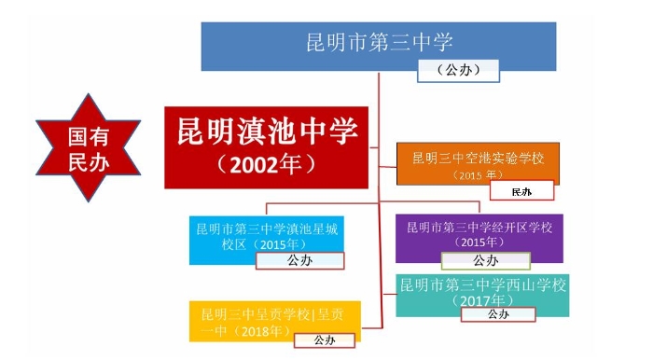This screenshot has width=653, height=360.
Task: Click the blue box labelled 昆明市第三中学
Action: (379, 43)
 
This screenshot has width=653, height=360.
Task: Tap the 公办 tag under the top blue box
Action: (457, 70)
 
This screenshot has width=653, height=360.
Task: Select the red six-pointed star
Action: (88, 148)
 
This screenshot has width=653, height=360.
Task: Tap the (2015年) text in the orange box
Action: (478, 174)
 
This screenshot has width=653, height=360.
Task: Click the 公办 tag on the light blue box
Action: (299, 260)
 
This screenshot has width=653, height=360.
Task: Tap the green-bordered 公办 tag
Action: (485, 261)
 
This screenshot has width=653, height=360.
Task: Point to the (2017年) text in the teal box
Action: (482, 300)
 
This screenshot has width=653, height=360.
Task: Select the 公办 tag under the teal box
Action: (498, 315)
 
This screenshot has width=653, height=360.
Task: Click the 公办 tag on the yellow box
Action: (323, 339)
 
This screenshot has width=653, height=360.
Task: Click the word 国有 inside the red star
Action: (88, 136)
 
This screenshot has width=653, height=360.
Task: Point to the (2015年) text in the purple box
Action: (478, 242)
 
